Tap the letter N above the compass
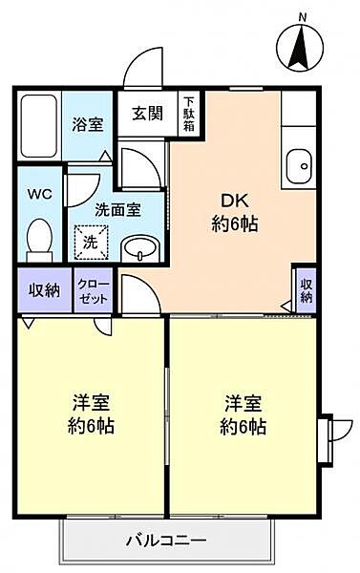302,17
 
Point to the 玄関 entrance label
146,113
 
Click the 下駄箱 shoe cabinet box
189,114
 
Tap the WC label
38,195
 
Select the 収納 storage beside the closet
44,289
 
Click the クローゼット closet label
93,289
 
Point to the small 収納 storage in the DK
306,289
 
